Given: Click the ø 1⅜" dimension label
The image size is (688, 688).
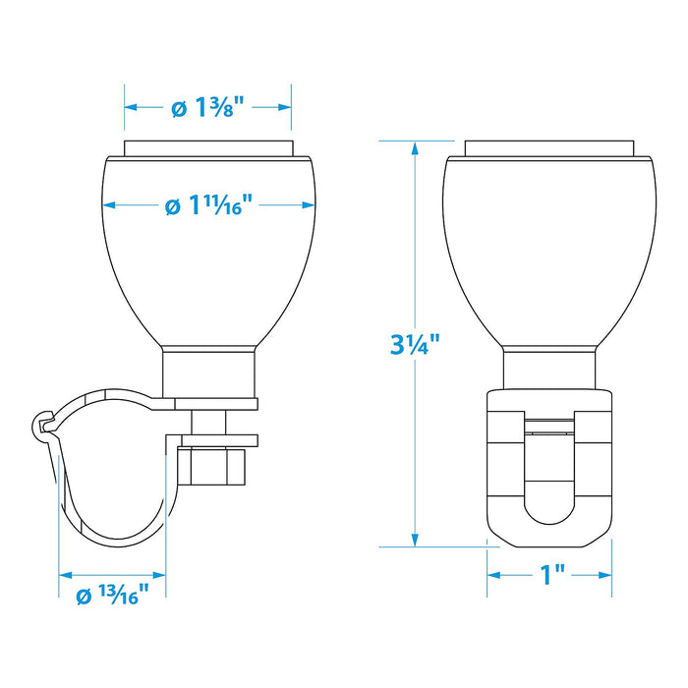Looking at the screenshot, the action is (207, 107).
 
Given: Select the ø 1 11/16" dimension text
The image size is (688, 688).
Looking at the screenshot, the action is (208, 204).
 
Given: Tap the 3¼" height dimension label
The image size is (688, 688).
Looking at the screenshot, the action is (414, 344).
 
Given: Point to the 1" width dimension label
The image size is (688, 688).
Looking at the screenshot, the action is (552, 575).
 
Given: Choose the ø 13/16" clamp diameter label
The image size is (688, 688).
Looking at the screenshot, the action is (113, 595).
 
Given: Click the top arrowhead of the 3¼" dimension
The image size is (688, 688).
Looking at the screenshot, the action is (415, 148).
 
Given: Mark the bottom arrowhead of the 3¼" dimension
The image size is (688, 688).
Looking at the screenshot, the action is (415, 540).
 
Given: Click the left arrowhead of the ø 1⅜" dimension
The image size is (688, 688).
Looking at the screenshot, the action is (131, 107).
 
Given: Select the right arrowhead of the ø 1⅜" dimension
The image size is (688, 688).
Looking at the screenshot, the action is (285, 107).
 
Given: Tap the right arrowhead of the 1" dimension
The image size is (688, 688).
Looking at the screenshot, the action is (605, 575).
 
